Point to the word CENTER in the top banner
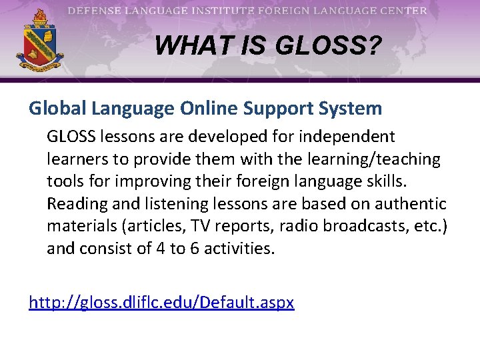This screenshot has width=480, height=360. pos(403,11)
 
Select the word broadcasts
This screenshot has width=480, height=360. pos(353,227)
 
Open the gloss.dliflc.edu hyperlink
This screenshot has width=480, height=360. pos(161,303)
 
